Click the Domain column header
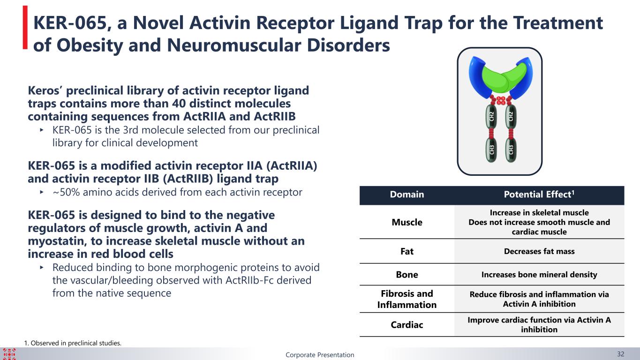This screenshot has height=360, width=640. click(x=407, y=195)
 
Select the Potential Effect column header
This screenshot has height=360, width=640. click(x=539, y=194)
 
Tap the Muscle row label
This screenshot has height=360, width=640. click(x=407, y=222)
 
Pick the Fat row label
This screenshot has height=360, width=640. click(x=407, y=251)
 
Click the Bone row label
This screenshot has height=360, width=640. click(x=407, y=275)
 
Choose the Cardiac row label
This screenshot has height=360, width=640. click(x=407, y=325)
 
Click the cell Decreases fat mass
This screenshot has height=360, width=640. click(x=539, y=251)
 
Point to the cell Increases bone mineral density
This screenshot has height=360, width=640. click(x=539, y=275)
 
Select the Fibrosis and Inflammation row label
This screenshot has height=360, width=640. click(x=407, y=299)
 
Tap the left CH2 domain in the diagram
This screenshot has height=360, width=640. click(x=491, y=116)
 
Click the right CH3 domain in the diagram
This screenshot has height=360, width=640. click(x=511, y=150)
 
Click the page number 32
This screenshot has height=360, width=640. click(x=620, y=354)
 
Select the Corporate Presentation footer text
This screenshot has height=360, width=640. click(x=320, y=355)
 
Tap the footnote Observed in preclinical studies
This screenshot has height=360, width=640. click(x=73, y=343)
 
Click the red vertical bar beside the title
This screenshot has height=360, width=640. click(x=25, y=28)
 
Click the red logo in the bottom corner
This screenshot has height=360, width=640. click(x=9, y=354)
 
